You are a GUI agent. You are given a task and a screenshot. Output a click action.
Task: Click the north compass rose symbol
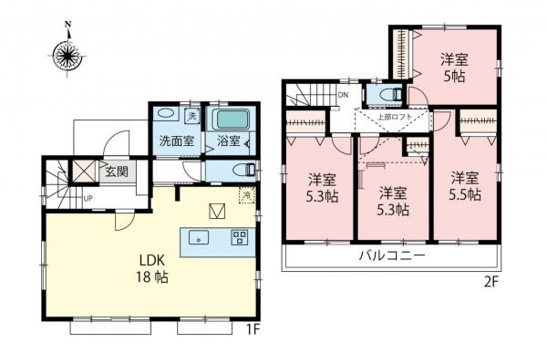coord(67,53)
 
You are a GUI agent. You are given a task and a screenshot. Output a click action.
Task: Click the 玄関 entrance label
coord(114,170)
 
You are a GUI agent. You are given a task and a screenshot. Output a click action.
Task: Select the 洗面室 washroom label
coord(176,141)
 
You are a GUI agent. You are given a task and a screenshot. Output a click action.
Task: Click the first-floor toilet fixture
coord(245,170)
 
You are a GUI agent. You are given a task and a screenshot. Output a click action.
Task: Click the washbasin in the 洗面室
coord(166,115)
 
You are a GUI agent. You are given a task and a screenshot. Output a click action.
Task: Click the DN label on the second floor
coord(343,94)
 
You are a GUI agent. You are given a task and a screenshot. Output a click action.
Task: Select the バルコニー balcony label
coord(391,256)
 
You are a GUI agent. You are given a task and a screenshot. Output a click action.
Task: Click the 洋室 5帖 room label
coord(456,68)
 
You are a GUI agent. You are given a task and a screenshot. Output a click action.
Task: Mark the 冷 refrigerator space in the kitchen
coord(247,193)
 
